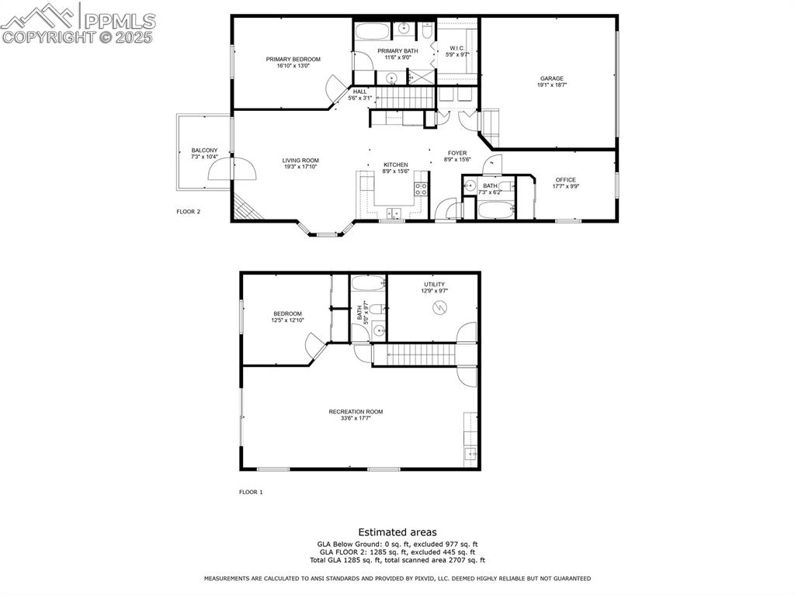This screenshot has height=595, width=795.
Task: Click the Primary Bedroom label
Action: tap(293, 60)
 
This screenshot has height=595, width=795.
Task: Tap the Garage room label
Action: tap(552, 78)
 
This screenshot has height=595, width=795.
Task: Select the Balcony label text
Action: tap(204, 150)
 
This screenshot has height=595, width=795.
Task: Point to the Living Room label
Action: tap(300, 161)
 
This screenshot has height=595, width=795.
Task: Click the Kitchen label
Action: tap(395, 165)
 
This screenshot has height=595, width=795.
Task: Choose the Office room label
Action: tap(565, 180)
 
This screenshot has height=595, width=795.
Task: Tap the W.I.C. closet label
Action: tap(457, 49)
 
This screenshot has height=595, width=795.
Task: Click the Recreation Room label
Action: tap(356, 412)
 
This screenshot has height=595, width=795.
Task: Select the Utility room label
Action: tap(434, 285)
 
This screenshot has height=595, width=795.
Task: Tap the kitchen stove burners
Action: tap(421, 191)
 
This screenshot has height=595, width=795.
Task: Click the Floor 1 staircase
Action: tap(419, 355)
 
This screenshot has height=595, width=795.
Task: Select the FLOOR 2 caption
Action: tap(189, 211)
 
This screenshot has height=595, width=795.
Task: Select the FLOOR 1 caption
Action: tap(251, 492)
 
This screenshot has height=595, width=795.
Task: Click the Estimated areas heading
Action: tap(397, 532)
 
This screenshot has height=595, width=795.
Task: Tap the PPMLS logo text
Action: tap(120, 21)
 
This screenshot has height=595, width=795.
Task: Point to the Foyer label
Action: tap(457, 153)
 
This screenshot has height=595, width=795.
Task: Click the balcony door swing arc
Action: tap(240, 168)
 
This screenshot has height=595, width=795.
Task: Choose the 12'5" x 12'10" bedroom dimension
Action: tap(287, 320)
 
